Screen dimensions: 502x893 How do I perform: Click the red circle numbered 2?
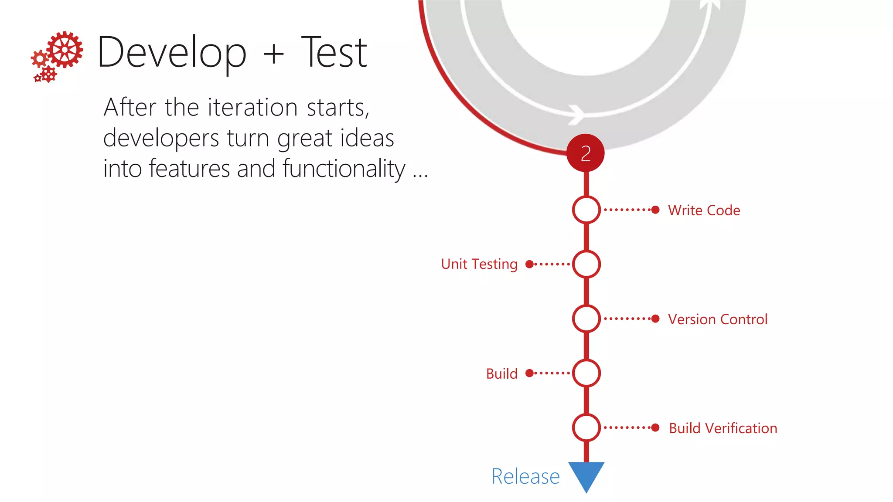pyautogui.click(x=586, y=153)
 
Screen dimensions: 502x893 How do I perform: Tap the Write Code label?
pyautogui.click(x=704, y=210)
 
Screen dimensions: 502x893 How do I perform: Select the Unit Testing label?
pyautogui.click(x=479, y=264)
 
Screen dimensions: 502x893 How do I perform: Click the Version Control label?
pyautogui.click(x=717, y=319)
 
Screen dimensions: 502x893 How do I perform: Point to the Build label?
pyautogui.click(x=501, y=374)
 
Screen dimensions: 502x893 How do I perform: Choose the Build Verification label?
pyautogui.click(x=723, y=428)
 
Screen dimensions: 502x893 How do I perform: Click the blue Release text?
pyautogui.click(x=525, y=476)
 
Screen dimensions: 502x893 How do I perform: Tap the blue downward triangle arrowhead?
pyautogui.click(x=586, y=474)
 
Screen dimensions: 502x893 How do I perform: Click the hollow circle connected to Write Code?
pyautogui.click(x=586, y=210)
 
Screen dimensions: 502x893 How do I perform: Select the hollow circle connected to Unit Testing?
pyautogui.click(x=586, y=264)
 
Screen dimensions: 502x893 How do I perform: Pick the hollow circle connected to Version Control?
pyautogui.click(x=586, y=319)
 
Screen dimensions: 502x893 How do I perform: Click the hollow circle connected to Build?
pyautogui.click(x=586, y=373)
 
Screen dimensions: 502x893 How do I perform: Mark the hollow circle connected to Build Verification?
pyautogui.click(x=586, y=427)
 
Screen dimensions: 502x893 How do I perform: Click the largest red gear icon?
pyautogui.click(x=65, y=50)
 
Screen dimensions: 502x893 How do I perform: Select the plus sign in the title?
pyautogui.click(x=274, y=55)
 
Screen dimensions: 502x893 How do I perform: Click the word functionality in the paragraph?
pyautogui.click(x=344, y=169)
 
